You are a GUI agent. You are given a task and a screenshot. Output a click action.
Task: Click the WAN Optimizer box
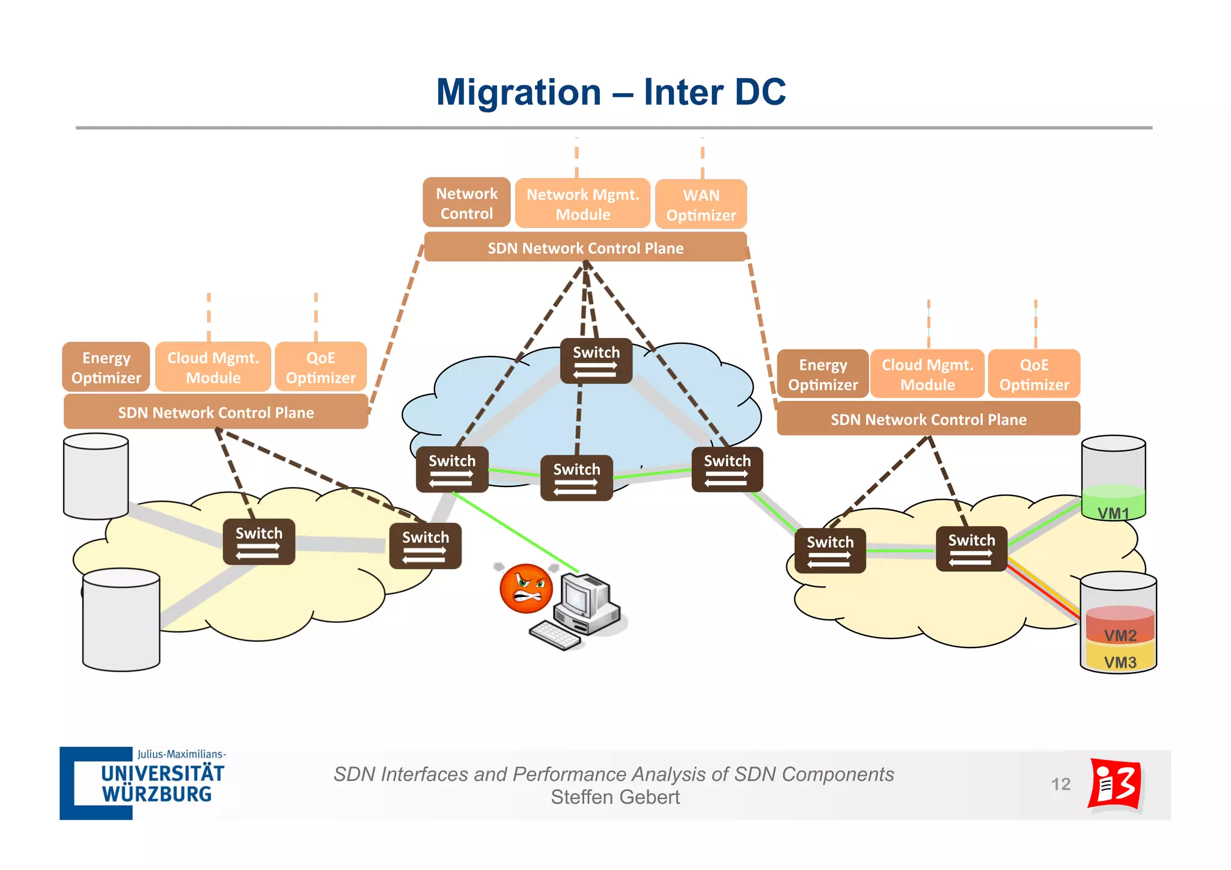click(701, 204)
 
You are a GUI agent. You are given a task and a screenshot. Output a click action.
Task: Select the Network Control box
click(466, 203)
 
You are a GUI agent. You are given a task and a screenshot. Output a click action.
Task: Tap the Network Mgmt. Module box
click(582, 204)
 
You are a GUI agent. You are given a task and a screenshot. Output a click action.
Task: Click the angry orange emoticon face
click(526, 589)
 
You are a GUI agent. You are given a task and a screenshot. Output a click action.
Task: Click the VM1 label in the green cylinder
click(1113, 513)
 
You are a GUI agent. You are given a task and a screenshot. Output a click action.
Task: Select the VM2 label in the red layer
click(1120, 635)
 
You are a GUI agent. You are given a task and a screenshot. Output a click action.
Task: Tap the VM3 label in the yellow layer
click(1120, 662)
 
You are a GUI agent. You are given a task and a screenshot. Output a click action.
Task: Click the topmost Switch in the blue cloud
click(596, 361)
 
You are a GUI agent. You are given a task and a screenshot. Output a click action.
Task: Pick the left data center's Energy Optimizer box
click(106, 367)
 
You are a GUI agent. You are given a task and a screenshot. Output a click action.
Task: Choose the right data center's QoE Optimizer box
click(1034, 374)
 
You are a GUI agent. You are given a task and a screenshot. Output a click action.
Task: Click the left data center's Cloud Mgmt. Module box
click(213, 367)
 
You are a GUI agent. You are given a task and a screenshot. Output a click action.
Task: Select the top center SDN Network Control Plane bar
click(585, 248)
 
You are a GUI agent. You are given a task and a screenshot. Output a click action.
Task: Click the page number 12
click(1060, 784)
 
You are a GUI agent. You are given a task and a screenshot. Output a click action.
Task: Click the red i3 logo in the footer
click(1115, 784)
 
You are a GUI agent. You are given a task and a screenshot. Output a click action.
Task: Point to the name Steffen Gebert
click(615, 797)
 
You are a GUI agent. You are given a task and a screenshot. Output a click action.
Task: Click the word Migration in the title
click(518, 93)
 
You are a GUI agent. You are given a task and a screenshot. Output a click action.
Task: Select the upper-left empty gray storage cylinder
click(96, 476)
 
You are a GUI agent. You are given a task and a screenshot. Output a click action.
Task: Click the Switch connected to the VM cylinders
click(971, 549)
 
